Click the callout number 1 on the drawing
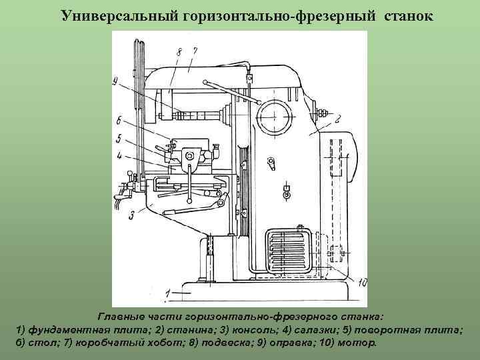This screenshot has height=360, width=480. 169,291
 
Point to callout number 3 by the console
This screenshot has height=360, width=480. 133,214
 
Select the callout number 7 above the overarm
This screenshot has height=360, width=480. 194,50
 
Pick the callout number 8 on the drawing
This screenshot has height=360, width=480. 179,50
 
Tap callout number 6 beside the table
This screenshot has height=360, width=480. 117,121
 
